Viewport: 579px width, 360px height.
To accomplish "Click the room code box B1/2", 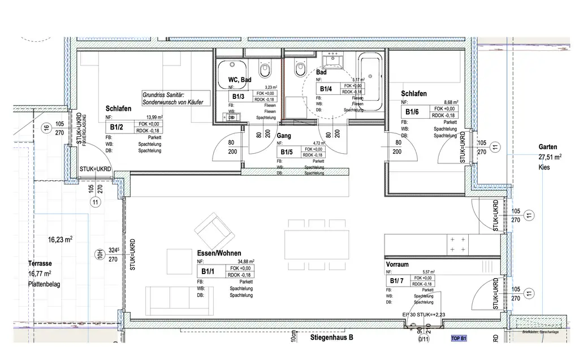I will [117, 127].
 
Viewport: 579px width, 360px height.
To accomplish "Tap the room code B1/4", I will [326, 89].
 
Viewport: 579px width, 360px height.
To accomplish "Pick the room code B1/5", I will [286, 152].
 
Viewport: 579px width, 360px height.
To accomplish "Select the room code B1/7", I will [396, 281].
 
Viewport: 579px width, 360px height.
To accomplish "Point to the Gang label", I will [284, 136].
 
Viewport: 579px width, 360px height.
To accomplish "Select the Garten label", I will [548, 147].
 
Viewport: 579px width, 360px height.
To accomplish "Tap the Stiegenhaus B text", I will [331, 337].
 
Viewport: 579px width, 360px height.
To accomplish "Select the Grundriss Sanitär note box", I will [173, 99].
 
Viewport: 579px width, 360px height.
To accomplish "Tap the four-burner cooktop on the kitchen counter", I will [458, 244].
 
